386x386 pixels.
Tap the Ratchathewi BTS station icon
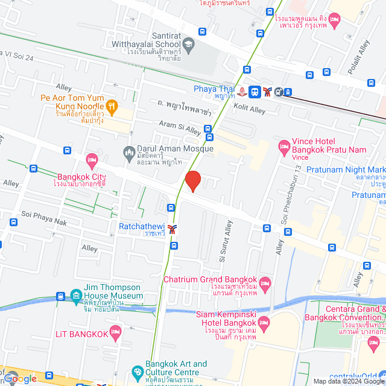pos(173,229)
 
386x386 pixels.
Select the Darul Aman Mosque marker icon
pos(128,151)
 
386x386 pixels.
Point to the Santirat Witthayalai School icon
pos(188,43)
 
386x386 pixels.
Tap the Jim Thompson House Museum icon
pos(75,296)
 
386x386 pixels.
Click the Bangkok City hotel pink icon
pos(91,161)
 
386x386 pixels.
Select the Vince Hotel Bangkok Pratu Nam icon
pos(283,146)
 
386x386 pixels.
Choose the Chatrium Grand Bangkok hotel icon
pos(264,282)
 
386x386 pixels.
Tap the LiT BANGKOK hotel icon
pos(116,333)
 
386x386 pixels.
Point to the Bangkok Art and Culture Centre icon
pos(138,371)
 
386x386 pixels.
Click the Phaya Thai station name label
pos(214,89)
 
